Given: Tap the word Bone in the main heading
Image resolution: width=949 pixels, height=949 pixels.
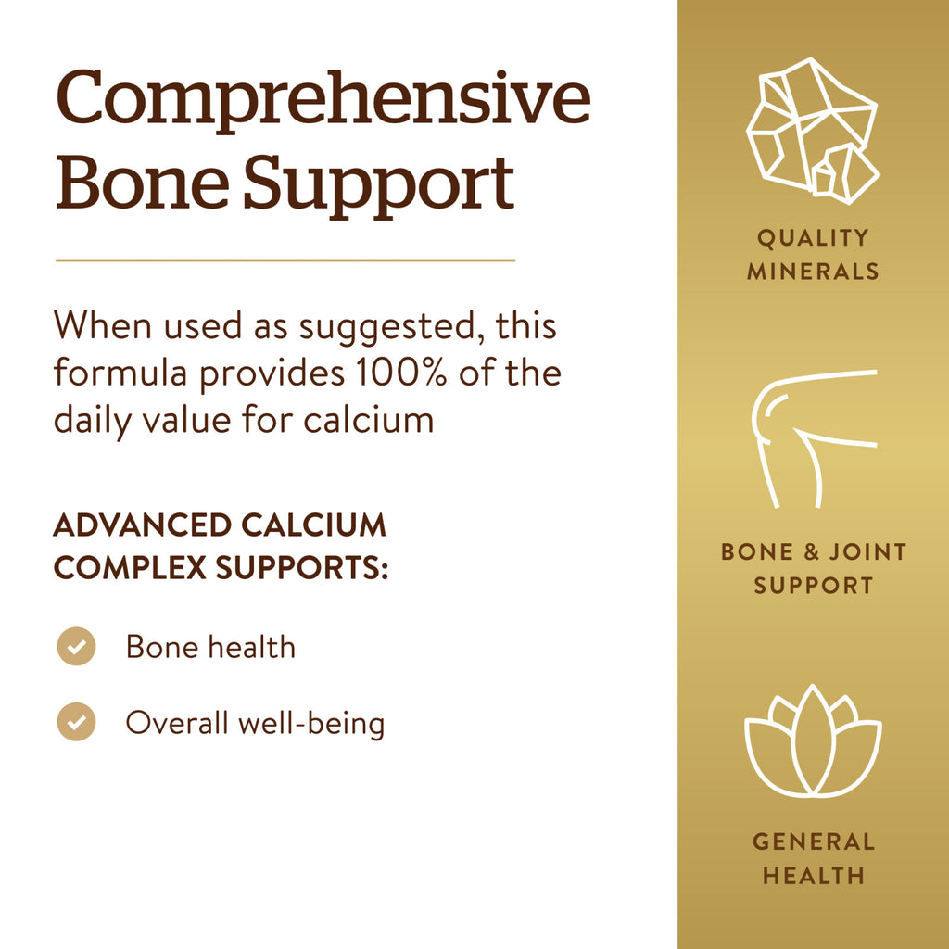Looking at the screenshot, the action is click(x=143, y=182).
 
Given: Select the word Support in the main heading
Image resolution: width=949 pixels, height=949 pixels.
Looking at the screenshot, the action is click(x=379, y=186).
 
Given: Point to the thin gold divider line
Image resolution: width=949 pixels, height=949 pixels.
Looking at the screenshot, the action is click(x=285, y=260).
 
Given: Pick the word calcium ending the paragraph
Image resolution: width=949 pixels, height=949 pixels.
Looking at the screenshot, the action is click(x=369, y=420).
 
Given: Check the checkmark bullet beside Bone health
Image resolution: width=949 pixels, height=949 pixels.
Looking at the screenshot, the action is click(x=76, y=646).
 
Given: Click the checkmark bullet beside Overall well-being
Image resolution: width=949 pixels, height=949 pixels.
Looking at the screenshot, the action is click(x=76, y=721).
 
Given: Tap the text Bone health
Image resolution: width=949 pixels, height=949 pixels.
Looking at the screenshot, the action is click(x=210, y=646).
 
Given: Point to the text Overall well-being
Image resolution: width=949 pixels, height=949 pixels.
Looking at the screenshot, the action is click(x=255, y=723).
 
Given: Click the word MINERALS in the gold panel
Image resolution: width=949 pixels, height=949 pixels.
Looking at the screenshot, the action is click(x=813, y=272).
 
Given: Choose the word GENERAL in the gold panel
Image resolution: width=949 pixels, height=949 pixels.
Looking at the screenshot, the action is click(x=814, y=841).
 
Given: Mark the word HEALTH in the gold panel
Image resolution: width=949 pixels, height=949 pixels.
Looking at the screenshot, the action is click(x=814, y=876).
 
